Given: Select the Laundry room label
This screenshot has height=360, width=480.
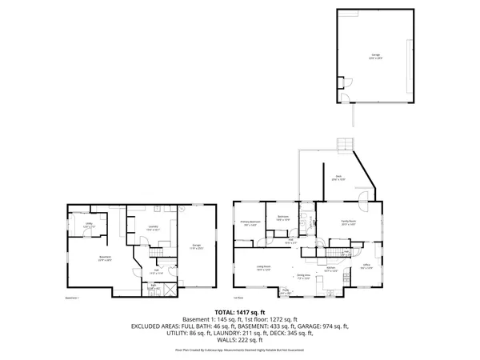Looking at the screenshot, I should click(152, 228).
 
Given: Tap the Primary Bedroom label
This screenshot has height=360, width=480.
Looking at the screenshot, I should click(250, 222).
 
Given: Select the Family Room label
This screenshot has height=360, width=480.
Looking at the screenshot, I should click(348, 223).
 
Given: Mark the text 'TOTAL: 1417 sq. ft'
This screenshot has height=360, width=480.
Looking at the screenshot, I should click(240, 312).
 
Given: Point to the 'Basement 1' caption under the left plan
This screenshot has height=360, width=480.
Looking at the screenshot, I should click(73, 298).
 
